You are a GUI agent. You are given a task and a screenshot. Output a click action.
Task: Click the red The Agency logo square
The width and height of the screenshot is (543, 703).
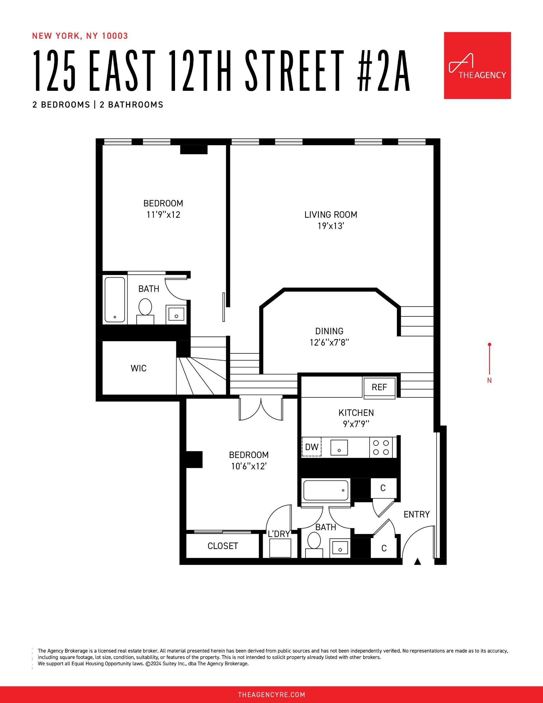point(477,65)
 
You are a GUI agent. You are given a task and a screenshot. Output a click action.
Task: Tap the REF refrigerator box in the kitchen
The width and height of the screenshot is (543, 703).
point(379,387)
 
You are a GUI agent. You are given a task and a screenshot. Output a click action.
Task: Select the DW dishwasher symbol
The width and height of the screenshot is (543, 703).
point(311,447)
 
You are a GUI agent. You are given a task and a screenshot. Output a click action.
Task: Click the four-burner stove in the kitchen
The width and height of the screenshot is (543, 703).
point(381,448)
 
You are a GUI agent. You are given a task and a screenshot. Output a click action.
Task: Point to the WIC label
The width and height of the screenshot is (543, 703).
point(139,368)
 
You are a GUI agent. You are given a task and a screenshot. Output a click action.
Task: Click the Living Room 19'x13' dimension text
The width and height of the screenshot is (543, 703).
point(331,226)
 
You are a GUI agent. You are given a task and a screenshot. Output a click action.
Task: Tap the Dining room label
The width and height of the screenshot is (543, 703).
point(329,331)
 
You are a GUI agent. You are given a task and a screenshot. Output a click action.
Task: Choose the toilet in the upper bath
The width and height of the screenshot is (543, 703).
point(145,309)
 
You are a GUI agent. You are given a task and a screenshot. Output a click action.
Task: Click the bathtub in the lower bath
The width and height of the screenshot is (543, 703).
point(326,490)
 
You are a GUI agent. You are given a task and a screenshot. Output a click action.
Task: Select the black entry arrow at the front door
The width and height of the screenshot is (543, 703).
point(417,561)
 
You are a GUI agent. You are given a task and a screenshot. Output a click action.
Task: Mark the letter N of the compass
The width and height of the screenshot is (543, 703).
point(489,380)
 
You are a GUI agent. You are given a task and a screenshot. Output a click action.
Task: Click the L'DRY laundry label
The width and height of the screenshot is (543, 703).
point(279,534)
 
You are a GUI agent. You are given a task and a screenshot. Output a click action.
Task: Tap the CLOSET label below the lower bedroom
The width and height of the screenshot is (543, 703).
point(223,546)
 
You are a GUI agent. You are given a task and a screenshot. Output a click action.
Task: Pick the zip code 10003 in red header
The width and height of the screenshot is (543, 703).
point(115,36)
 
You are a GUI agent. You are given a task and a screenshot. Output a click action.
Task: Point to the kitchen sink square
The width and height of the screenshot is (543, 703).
point(339,447)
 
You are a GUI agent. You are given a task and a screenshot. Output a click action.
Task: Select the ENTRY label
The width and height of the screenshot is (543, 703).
point(416,514)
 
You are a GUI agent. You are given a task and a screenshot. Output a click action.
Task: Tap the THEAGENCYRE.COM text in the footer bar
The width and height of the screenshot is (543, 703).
point(271,695)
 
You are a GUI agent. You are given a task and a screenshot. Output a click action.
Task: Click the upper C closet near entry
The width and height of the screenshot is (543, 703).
point(383,488)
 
